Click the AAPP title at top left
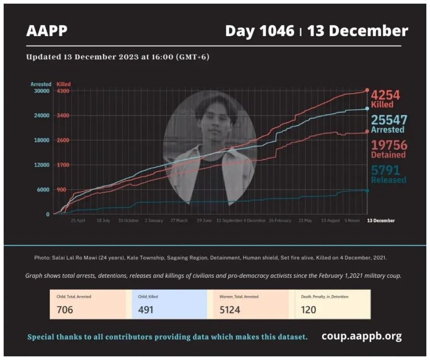pyautogui.click(x=47, y=31)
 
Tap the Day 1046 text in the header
pyautogui.click(x=260, y=31)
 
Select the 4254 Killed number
pyautogui.click(x=385, y=95)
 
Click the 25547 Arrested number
pyautogui.click(x=389, y=120)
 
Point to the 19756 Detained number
pyautogui.click(x=389, y=145)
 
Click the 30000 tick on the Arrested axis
pyautogui.click(x=42, y=91)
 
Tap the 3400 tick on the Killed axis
pyautogui.click(x=63, y=115)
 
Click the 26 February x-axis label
pyautogui.click(x=280, y=221)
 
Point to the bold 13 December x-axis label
pyautogui.click(x=380, y=221)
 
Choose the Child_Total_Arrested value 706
pyautogui.click(x=64, y=309)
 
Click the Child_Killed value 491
pyautogui.click(x=146, y=309)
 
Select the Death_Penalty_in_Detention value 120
pyautogui.click(x=308, y=309)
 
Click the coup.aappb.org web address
pyautogui.click(x=362, y=336)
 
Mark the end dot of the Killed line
pyautogui.click(x=367, y=90)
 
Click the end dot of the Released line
pyautogui.click(x=367, y=190)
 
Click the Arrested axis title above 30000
pyautogui.click(x=41, y=84)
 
